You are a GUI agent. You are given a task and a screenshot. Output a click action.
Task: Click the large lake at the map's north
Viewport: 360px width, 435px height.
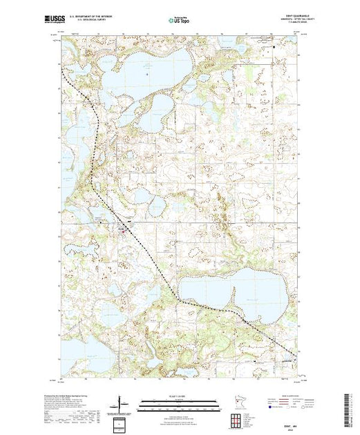click(131, 69)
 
